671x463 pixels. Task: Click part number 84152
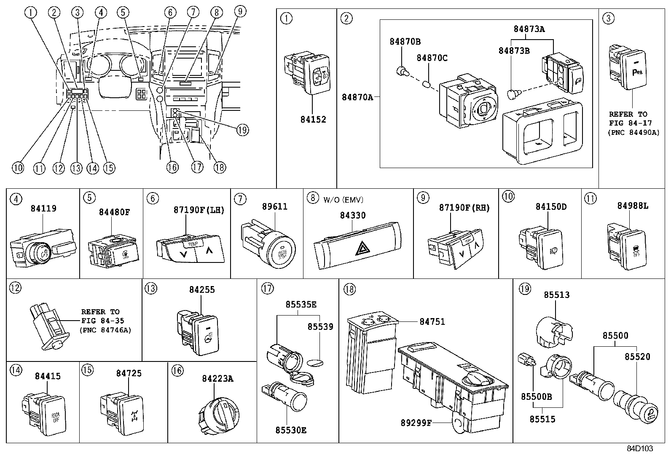[x=313, y=119]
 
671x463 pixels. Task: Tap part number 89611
[x=274, y=206]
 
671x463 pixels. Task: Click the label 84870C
[x=432, y=58]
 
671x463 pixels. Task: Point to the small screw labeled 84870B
[x=402, y=72]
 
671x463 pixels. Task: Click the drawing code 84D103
[x=639, y=449]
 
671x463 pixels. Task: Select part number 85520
[x=637, y=357]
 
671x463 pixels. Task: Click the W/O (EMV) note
[x=343, y=200]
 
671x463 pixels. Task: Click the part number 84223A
[x=217, y=378]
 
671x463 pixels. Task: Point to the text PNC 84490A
[x=633, y=132]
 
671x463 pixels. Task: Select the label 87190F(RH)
[x=464, y=208]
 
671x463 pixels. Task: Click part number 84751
[x=432, y=321]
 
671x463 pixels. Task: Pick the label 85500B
[x=536, y=397]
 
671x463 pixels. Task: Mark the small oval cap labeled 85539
[x=317, y=362]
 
